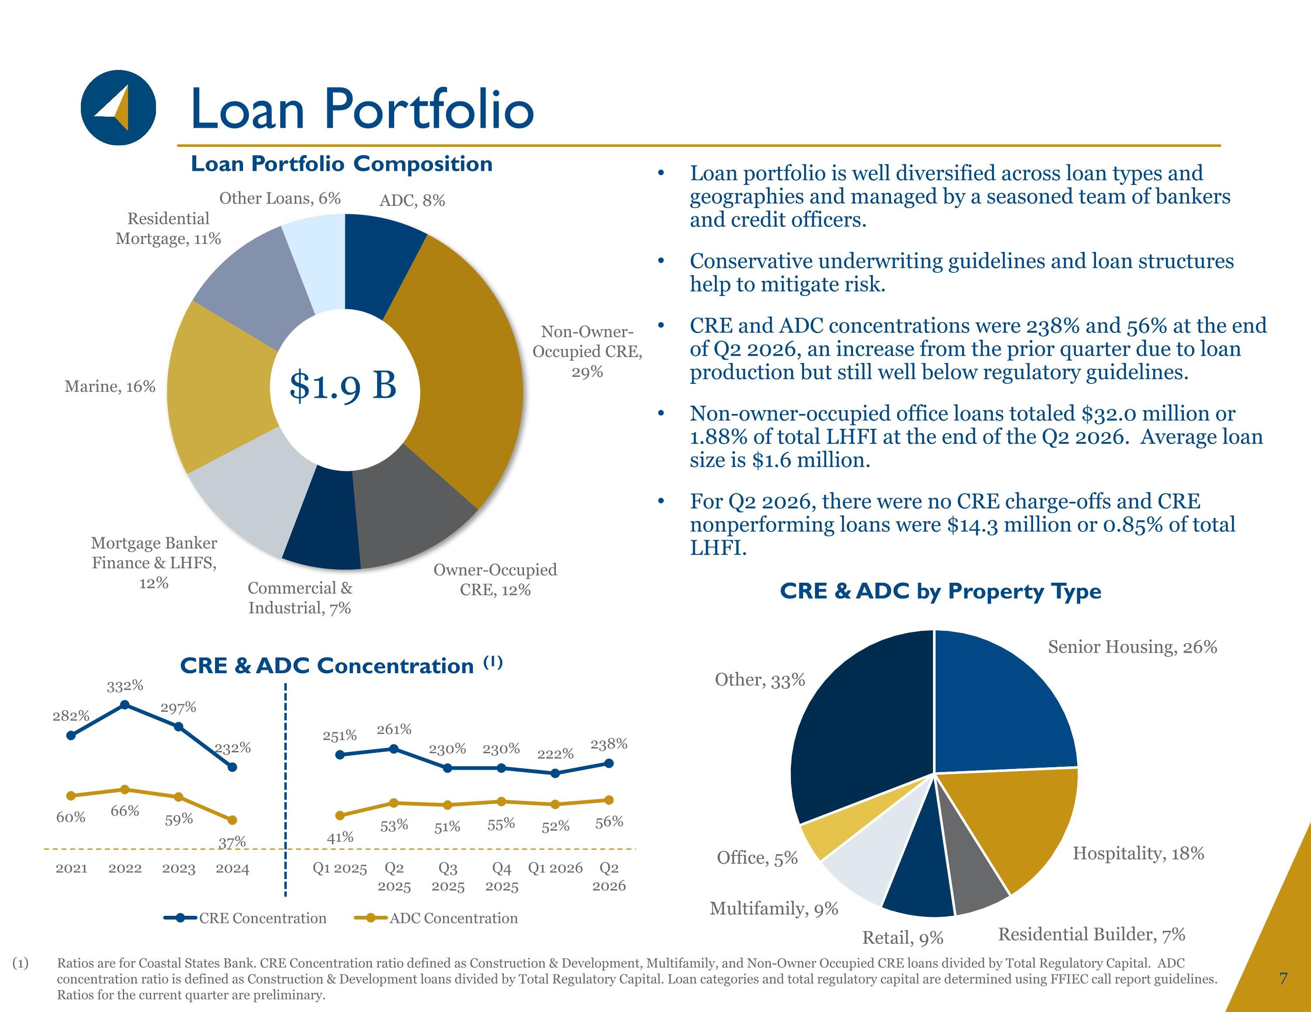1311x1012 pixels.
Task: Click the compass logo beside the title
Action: [118, 108]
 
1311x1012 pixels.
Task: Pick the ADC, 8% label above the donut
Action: [413, 201]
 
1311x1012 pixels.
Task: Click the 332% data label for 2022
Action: [125, 686]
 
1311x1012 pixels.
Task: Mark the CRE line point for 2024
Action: [233, 767]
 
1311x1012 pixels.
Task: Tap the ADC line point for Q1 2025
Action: [340, 815]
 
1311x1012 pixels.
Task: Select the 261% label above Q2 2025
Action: [394, 730]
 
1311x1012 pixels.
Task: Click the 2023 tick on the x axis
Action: [179, 869]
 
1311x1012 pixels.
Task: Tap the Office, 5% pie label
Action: [757, 858]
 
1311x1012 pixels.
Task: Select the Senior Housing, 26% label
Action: [1132, 647]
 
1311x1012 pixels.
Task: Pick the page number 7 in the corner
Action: [1283, 979]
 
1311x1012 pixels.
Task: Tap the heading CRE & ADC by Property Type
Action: [940, 591]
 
